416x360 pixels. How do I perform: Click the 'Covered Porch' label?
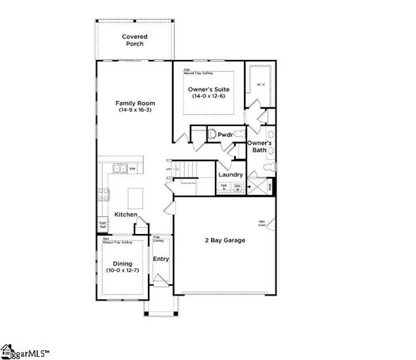point(134,40)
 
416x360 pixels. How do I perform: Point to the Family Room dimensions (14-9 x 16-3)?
point(135,109)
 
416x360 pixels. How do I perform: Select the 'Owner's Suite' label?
point(209,89)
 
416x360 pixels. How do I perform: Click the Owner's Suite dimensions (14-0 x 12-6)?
point(209,97)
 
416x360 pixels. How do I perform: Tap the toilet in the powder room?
point(212,134)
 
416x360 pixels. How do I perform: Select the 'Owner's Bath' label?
point(259,146)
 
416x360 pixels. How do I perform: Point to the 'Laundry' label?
point(231,175)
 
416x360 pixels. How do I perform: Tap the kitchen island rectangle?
point(136,198)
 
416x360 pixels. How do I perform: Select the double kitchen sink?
point(119,169)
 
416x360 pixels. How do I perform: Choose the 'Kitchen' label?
point(125,215)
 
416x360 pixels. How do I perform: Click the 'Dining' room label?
point(122,263)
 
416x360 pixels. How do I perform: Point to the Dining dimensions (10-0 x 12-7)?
point(122,271)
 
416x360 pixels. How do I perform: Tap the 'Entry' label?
point(161,259)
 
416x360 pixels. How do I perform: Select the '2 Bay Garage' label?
point(226,241)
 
